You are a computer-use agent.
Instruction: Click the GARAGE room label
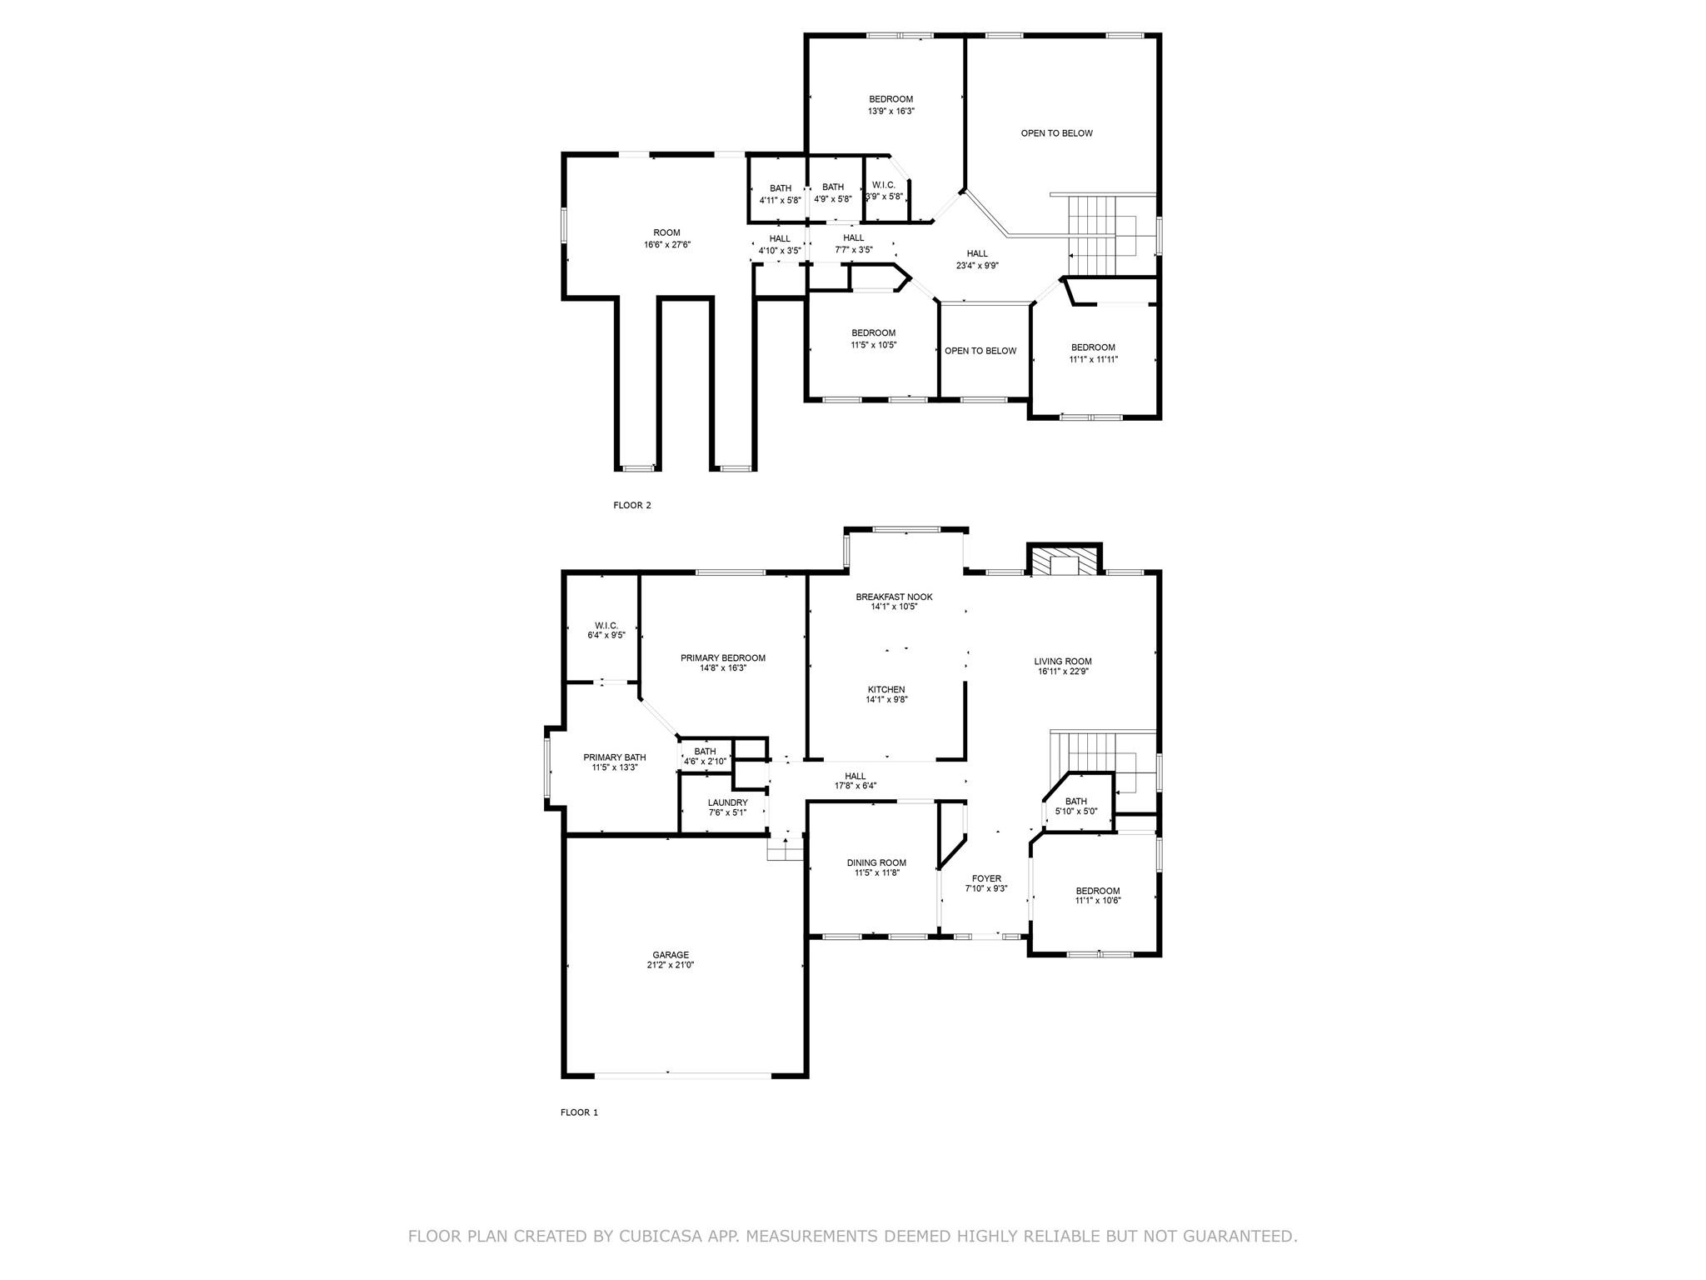(670, 955)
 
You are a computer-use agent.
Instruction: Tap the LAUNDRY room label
(727, 802)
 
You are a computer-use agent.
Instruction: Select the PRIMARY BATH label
(614, 757)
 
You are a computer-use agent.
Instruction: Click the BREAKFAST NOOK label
(894, 597)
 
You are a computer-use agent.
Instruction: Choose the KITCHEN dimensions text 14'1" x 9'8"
(885, 700)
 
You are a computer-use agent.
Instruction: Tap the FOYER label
(986, 878)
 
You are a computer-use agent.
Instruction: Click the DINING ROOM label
(876, 862)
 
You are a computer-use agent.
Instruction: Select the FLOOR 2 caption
(632, 505)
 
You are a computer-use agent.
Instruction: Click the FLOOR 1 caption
(579, 1112)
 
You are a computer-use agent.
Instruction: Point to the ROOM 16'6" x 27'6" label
(666, 233)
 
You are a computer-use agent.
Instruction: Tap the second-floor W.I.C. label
(883, 185)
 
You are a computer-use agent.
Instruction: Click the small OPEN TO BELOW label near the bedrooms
(980, 351)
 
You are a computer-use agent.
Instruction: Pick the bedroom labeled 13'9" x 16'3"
(890, 99)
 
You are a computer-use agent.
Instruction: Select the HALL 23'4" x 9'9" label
(977, 254)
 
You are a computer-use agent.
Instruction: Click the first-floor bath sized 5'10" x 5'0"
(1075, 802)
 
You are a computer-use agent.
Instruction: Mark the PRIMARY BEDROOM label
(722, 657)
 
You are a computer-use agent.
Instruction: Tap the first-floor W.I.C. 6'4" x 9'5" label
(606, 625)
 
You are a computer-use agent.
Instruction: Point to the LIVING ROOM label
(1063, 662)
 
